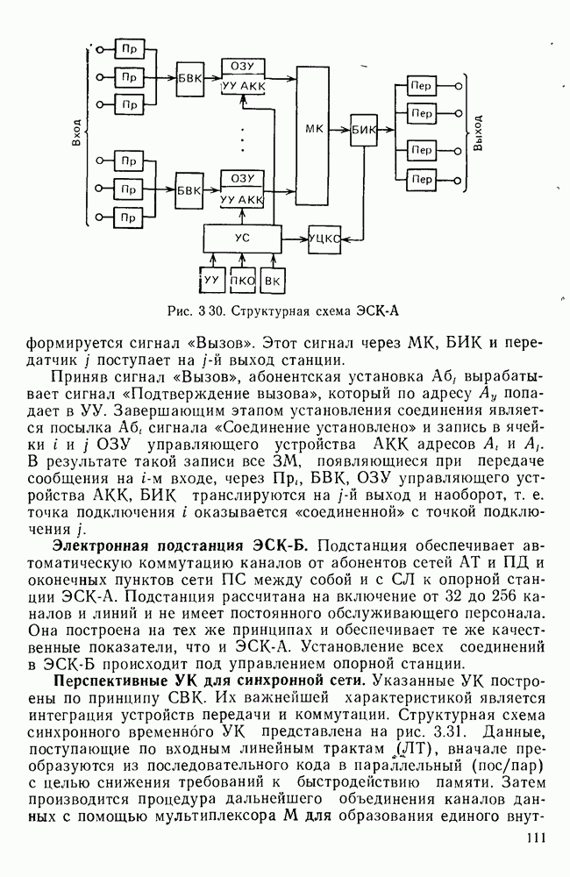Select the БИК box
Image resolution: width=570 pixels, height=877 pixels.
363,130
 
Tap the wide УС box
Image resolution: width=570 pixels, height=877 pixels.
242,237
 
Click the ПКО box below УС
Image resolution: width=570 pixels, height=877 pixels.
242,281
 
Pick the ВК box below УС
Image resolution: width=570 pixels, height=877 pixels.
274,281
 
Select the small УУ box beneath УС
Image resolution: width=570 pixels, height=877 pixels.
210,281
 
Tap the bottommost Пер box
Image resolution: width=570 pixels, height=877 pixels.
423,180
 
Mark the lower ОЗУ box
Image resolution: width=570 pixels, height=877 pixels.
243,178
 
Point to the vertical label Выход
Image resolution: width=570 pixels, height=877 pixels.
478,133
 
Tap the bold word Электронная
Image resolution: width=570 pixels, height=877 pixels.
100,543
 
